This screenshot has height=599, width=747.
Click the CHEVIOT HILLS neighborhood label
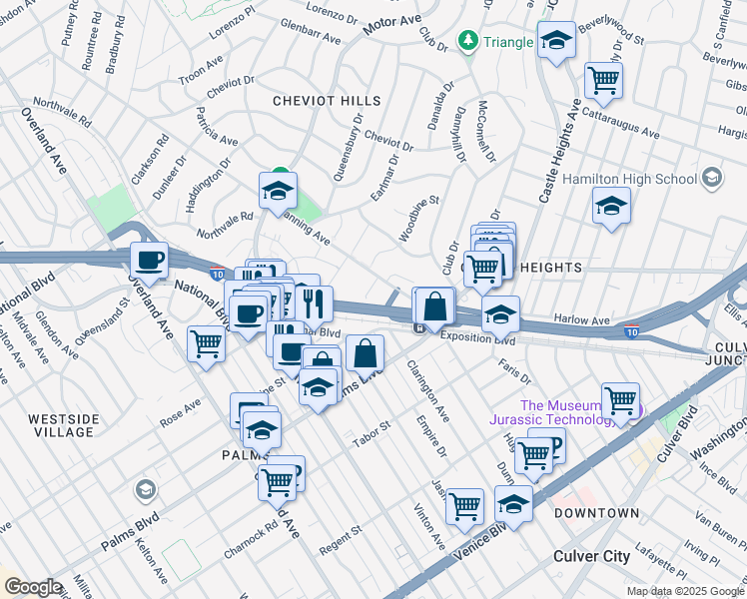pos(327,101)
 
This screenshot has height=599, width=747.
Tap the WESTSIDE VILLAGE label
pos(63,425)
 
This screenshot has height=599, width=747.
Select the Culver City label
pos(592,555)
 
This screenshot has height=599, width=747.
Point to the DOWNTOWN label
pos(596,513)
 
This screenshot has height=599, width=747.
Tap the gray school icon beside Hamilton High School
pos(711,178)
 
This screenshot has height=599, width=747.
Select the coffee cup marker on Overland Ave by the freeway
pos(149,261)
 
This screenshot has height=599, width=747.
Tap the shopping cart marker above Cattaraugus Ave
pos(603,79)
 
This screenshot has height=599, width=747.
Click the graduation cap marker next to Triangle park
pos(556,41)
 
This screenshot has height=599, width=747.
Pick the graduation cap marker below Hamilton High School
pos(610,206)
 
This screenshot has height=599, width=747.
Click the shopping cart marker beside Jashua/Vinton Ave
pos(464,506)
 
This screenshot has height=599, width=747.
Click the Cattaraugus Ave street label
pos(622,125)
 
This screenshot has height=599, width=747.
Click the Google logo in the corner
pos(32,587)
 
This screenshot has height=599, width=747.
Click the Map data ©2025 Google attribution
pos(683,591)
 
